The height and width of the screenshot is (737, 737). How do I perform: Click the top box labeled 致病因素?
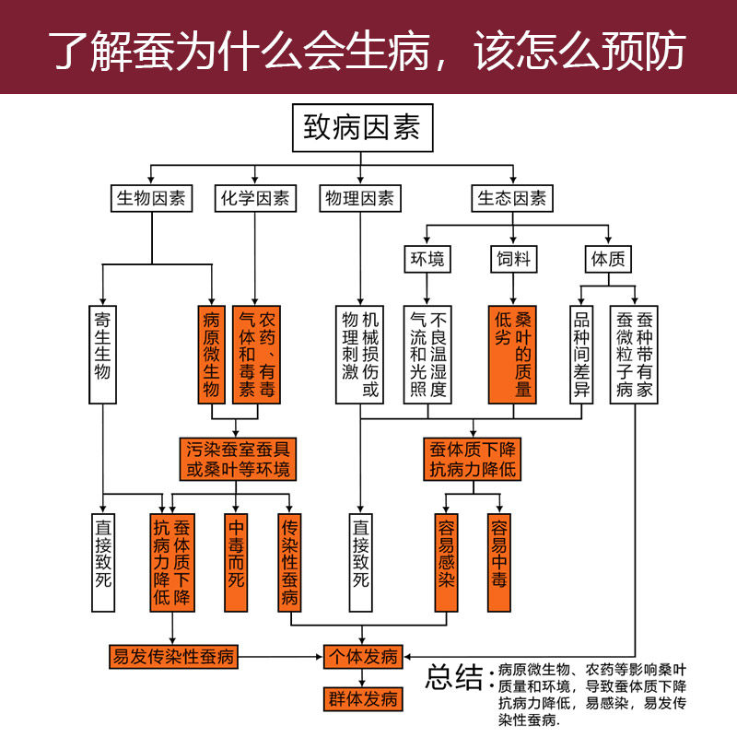[x=362, y=128]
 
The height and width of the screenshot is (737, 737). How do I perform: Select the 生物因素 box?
[x=151, y=198]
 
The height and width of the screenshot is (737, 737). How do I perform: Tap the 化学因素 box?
[x=255, y=198]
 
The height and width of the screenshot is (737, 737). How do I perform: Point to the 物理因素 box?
[x=360, y=198]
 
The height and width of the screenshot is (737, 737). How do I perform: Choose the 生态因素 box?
[x=512, y=198]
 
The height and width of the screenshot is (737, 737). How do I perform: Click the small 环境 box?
[x=427, y=259]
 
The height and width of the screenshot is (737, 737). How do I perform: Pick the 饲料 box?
[x=513, y=259]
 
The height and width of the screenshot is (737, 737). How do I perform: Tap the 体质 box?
[x=608, y=259]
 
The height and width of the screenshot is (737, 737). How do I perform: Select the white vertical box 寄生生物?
[x=102, y=355]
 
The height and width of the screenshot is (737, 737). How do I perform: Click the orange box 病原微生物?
[x=212, y=355]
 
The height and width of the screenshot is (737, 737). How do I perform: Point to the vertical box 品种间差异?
[x=581, y=355]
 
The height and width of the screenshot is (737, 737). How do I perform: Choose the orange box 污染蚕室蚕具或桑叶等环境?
[x=238, y=459]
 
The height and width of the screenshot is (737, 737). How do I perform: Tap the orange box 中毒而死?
[x=236, y=563]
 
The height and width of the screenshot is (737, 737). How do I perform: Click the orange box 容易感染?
[x=446, y=563]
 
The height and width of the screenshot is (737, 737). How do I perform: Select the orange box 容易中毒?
[x=499, y=563]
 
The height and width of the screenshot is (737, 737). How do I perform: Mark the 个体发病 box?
[x=363, y=657]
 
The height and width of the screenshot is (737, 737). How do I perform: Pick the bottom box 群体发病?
[x=363, y=699]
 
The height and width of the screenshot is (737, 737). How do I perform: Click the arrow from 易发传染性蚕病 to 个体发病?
[x=281, y=657]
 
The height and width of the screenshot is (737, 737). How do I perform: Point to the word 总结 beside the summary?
[x=454, y=677]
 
